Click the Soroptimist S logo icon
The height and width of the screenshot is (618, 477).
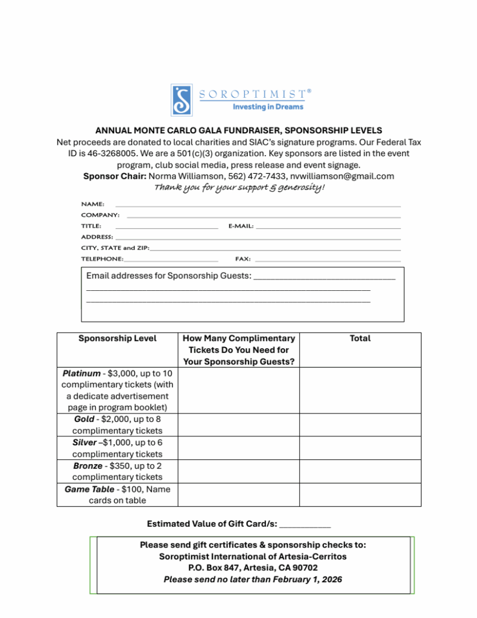click(x=182, y=100)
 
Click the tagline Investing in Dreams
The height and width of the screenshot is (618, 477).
click(x=268, y=107)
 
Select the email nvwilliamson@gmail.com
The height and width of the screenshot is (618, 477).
click(x=342, y=176)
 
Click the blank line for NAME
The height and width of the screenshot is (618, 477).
click(x=257, y=206)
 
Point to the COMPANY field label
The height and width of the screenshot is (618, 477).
click(x=100, y=215)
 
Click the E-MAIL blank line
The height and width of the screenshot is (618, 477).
click(x=328, y=228)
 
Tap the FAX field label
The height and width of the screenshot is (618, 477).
click(x=242, y=259)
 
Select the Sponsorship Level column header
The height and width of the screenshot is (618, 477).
click(x=118, y=339)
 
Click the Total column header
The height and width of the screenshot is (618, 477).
click(x=360, y=339)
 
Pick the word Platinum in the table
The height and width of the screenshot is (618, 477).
click(x=81, y=374)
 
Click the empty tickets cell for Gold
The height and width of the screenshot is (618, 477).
click(x=239, y=425)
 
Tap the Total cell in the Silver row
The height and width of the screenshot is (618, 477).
click(x=360, y=448)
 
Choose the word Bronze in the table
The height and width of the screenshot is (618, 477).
click(x=87, y=466)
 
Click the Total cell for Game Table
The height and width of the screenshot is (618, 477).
click(x=360, y=494)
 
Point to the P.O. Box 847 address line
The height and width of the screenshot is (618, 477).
click(x=253, y=568)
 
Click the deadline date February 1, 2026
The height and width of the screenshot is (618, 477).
click(x=307, y=579)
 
